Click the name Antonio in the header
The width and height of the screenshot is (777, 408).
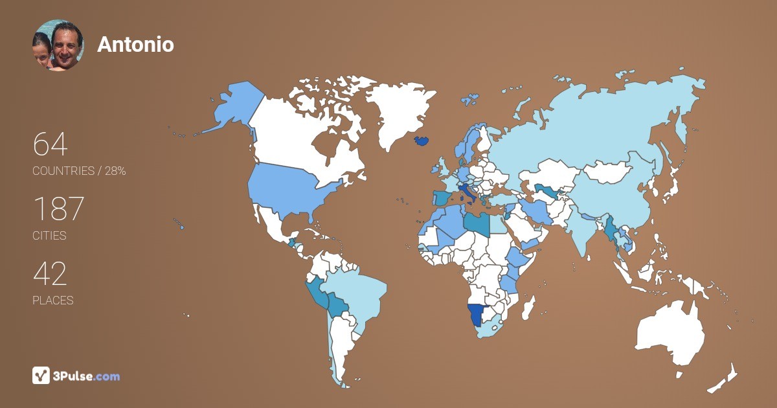135,45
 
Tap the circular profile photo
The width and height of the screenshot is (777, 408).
58,45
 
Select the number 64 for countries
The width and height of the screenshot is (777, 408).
50,144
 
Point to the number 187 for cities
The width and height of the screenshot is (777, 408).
58,209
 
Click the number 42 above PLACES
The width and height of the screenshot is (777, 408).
50,274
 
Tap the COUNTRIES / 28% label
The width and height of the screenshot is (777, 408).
79,171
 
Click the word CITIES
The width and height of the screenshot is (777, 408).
50,236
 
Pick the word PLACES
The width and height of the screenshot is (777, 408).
53,300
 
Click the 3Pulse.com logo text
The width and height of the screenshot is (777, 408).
86,376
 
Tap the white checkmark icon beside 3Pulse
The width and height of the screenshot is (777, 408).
41,376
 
